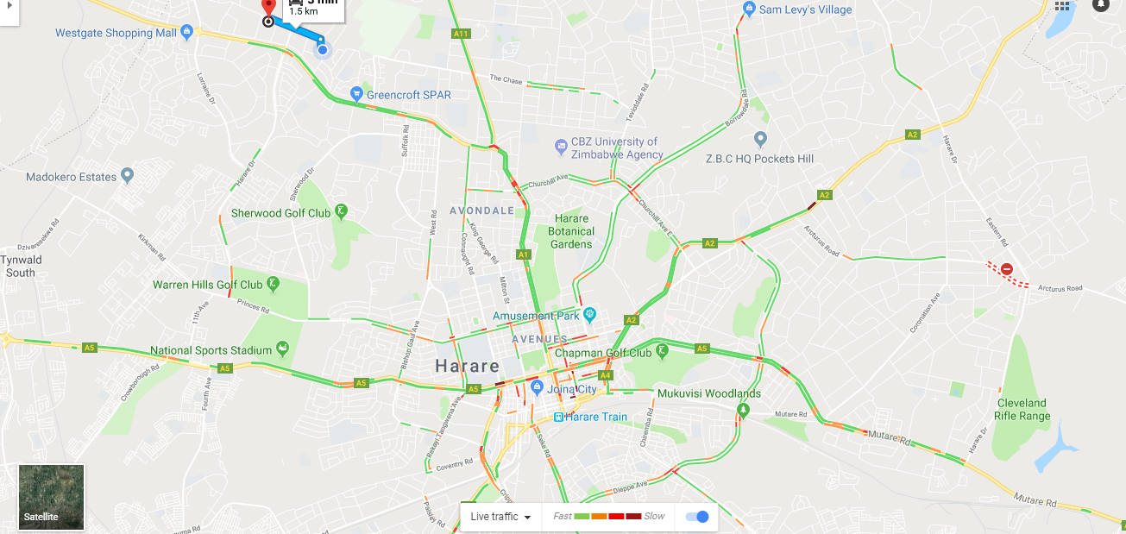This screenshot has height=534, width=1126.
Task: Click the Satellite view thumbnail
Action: tap(52, 497)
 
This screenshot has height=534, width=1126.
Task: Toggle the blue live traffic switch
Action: tap(697, 517)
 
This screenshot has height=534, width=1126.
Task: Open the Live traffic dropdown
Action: tap(500, 517)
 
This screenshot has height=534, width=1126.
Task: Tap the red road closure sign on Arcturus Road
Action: tap(1007, 269)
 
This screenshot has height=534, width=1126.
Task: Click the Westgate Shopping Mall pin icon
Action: tap(187, 33)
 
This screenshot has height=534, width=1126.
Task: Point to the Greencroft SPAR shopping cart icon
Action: tap(355, 94)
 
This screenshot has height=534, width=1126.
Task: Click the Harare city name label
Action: tap(467, 366)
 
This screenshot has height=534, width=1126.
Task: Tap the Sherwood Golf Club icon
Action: tap(342, 212)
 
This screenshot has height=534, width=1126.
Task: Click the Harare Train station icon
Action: tap(558, 417)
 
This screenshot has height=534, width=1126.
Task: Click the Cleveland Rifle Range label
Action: tap(1023, 410)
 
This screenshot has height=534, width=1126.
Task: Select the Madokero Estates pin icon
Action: tap(128, 176)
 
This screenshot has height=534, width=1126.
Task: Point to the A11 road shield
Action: tap(461, 34)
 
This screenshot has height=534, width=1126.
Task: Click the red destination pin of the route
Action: tap(268, 7)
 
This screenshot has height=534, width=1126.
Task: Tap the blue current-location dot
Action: tap(323, 50)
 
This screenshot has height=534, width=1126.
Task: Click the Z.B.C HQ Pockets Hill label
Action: tap(759, 159)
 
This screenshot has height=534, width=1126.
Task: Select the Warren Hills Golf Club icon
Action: tap(273, 284)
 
